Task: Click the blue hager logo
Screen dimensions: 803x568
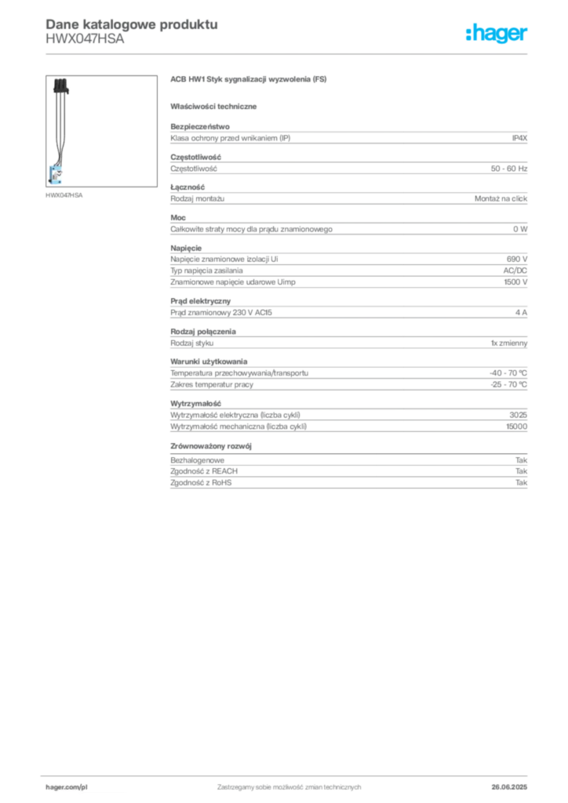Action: [x=497, y=34]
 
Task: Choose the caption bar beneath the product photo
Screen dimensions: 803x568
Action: [x=65, y=194]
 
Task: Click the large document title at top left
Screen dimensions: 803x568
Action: [x=130, y=23]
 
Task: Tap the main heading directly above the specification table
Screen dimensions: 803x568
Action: [x=250, y=80]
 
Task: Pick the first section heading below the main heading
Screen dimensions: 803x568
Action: [x=216, y=105]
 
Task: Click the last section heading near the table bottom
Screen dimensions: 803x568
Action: [x=213, y=445]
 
